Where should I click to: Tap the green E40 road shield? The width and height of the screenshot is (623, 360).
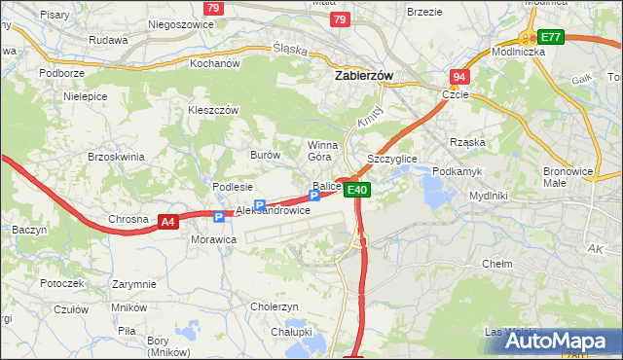coord(357,190)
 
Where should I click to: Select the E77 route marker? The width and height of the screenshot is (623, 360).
coord(551,37)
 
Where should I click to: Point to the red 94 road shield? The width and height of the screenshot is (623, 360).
coord(460,77)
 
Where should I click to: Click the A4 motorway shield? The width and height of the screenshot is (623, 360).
coord(168,222)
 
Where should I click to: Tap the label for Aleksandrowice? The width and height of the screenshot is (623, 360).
coord(274,210)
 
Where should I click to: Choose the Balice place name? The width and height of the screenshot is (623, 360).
coord(326,186)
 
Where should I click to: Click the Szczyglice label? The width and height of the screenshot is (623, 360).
coord(391,158)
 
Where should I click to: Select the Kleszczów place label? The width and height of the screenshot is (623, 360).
coord(214,110)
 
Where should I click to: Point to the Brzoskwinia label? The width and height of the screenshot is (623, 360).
coord(116,157)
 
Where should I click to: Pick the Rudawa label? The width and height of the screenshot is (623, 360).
coord(108,40)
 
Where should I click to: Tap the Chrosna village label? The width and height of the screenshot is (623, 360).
coord(128,219)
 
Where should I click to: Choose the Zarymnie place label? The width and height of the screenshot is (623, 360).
coord(134,284)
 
